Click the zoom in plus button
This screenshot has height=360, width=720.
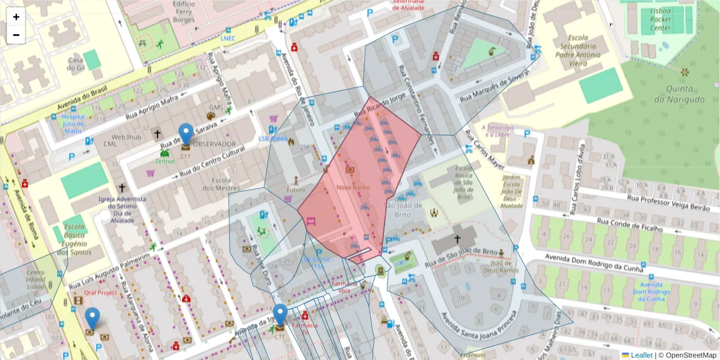coord(16,17)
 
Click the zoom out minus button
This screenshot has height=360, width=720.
coord(16,35)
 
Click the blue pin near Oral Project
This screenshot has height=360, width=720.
coord(92,319)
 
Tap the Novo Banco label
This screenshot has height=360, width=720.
coord(353,188)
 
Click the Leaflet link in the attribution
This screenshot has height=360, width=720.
coord(641,355)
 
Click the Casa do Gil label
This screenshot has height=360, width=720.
coord(76,64)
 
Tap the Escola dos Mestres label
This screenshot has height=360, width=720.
coord(226,184)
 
